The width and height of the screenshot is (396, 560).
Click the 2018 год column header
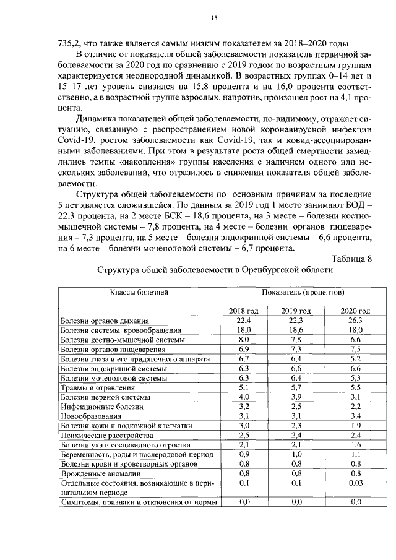pyautogui.click(x=243, y=311)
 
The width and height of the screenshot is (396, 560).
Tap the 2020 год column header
pyautogui.click(x=355, y=311)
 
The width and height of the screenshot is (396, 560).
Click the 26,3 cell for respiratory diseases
pyautogui.click(x=355, y=321)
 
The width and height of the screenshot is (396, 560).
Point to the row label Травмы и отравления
pyautogui.click(x=97, y=388)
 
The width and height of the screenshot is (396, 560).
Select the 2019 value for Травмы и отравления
pyautogui.click(x=296, y=388)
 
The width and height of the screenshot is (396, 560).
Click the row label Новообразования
pyautogui.click(x=90, y=416)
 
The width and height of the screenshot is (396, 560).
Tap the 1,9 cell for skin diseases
pyautogui.click(x=355, y=426)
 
